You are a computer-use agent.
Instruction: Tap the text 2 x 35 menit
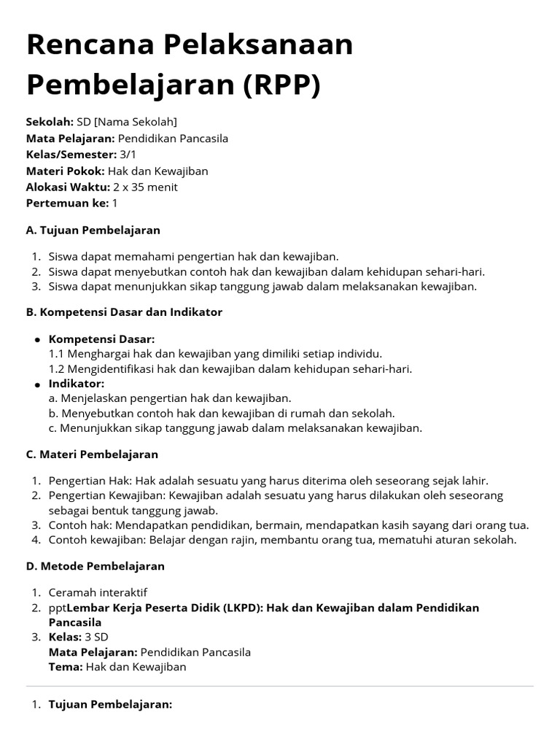coord(145,187)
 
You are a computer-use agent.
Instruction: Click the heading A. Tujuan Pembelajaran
coord(93,231)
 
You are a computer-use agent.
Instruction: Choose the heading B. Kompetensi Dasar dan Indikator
coord(124,312)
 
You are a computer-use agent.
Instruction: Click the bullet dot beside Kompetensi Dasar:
coord(36,341)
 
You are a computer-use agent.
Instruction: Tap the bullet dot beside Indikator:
coord(36,384)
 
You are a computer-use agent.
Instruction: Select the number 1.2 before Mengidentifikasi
coord(57,369)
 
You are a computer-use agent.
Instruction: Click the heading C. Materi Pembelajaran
coord(92,454)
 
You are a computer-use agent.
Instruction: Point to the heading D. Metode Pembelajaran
coord(95,566)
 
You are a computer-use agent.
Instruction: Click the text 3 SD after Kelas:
coord(96,638)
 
